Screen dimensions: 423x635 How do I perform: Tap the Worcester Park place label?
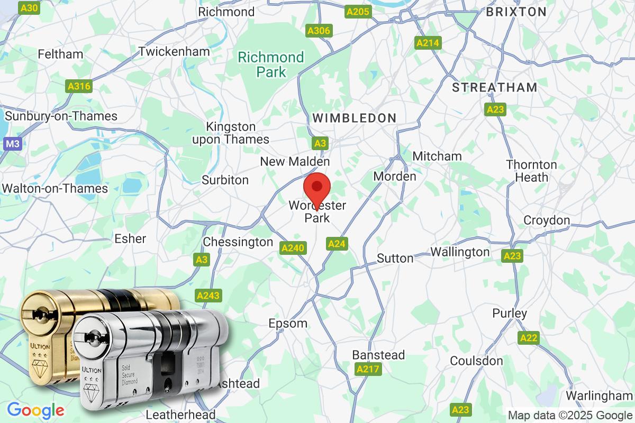317,212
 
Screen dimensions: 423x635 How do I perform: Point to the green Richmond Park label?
271,65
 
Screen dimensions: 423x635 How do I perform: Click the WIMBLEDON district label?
355,118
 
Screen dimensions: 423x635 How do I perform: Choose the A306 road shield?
319,31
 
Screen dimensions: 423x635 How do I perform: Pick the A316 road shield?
79,86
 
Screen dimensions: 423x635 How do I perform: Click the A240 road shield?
293,247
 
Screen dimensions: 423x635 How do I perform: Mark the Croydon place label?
547,220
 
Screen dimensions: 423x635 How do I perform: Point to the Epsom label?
288,323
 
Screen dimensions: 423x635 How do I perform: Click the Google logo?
35,410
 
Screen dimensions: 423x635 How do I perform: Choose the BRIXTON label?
516,12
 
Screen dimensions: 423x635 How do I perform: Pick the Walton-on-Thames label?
55,188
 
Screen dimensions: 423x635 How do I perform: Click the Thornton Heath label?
531,171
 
